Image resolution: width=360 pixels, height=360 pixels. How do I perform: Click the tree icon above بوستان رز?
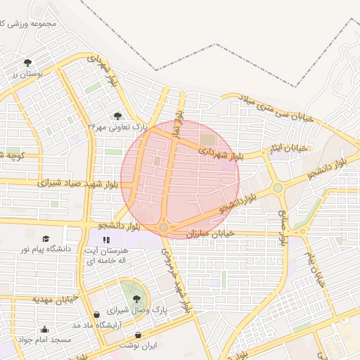(27, 63)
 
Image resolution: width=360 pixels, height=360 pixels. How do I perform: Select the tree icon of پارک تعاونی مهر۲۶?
(117, 115)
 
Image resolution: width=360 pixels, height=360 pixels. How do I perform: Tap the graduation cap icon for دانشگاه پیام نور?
(46, 239)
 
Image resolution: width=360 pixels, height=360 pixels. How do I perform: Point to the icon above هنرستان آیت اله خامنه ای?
(106, 240)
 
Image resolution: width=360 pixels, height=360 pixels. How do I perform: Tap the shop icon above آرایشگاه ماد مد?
(96, 314)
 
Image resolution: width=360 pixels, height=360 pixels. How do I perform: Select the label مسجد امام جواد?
(46, 340)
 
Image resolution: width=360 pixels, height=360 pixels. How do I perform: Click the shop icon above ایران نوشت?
(138, 335)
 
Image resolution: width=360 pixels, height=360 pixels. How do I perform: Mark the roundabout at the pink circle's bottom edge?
(163, 228)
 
